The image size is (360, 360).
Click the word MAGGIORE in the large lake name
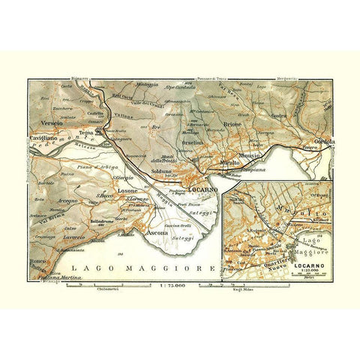pos(176,267)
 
